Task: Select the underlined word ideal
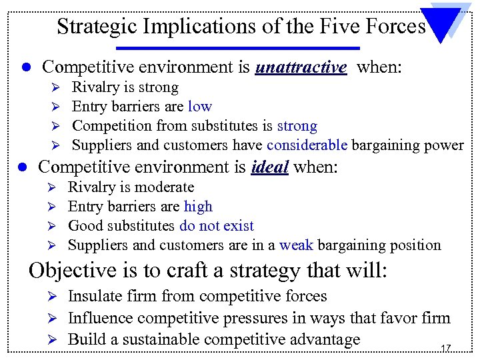(270, 167)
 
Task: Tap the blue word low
(199, 107)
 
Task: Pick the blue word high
(198, 207)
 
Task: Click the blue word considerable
(307, 145)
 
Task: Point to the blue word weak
(296, 245)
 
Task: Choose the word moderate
(163, 187)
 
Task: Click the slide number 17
(445, 348)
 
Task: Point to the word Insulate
(95, 296)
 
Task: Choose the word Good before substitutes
(85, 226)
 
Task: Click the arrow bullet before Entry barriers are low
(57, 107)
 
